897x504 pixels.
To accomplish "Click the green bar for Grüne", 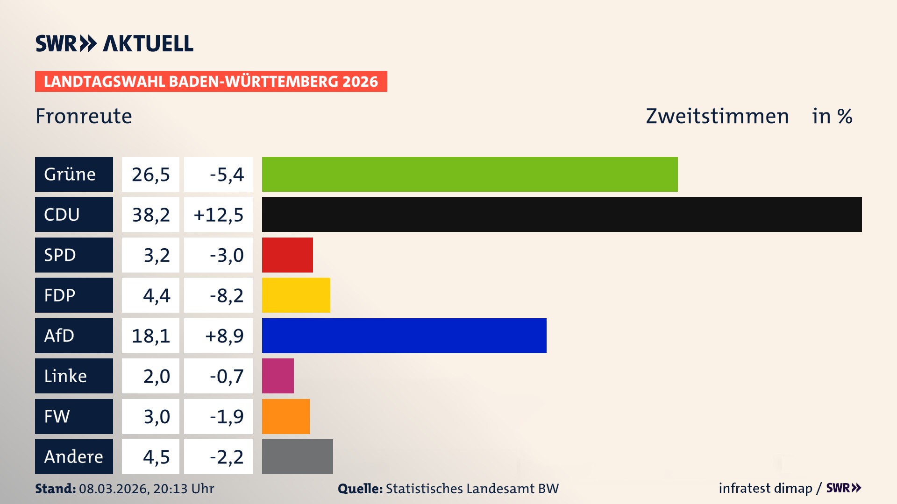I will (470, 174).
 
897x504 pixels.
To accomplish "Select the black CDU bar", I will (562, 214).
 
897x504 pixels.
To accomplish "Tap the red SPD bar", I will (287, 255).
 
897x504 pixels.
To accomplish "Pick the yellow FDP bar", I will (296, 295).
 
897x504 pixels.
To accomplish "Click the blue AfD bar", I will (404, 336).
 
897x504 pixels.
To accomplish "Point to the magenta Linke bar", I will (278, 376).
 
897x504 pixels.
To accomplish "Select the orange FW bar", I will (285, 416).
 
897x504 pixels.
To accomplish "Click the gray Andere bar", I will (297, 456).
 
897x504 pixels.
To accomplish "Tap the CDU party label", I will (74, 214).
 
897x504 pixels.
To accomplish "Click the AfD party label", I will (74, 336).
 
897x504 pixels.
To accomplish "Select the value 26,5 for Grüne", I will (150, 175).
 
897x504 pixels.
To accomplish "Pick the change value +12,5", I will (218, 215).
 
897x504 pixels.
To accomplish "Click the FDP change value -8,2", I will (226, 295).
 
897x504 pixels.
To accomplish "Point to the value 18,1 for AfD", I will (150, 336).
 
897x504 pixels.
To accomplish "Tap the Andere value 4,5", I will (156, 457).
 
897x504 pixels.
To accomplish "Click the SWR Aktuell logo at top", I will (114, 43).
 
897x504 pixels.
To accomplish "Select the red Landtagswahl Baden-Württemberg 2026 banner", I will (211, 82).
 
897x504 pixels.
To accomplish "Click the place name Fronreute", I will (84, 116).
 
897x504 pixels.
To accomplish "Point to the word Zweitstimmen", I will (717, 116).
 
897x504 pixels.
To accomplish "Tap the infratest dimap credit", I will (765, 488).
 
